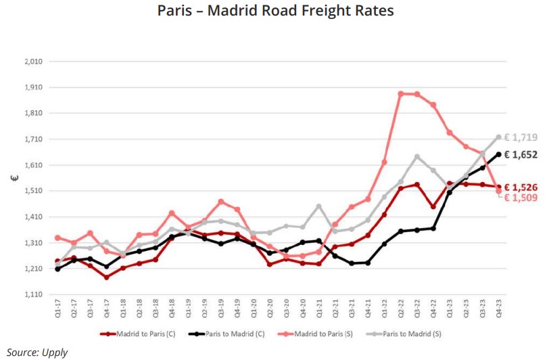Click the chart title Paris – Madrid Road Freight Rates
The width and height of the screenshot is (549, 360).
275,11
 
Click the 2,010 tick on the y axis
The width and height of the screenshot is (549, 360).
34,62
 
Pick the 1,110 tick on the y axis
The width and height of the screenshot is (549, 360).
34,295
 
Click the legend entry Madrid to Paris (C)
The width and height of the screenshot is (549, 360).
139,334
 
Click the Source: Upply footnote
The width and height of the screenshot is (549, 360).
37,352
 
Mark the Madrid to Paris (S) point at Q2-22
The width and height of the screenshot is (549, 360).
401,94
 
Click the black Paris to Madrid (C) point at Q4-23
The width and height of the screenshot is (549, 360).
499,154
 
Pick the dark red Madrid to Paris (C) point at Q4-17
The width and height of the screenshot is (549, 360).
107,277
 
